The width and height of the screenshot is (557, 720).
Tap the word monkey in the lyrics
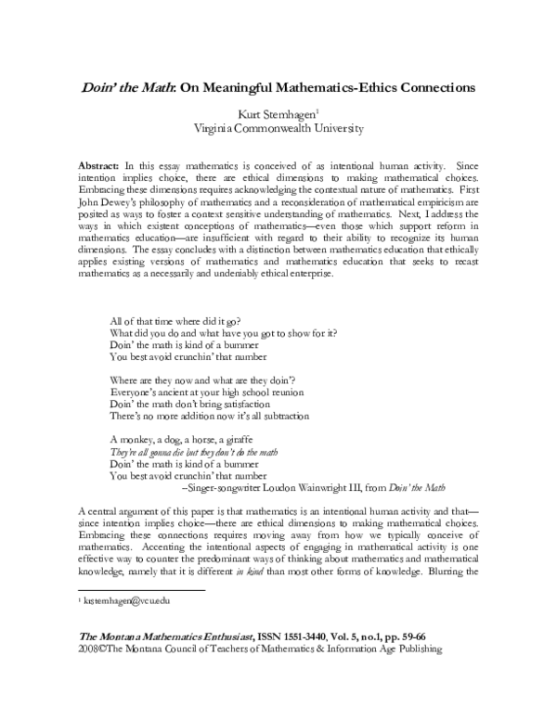(137, 439)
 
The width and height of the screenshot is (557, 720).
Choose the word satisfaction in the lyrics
(240, 404)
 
